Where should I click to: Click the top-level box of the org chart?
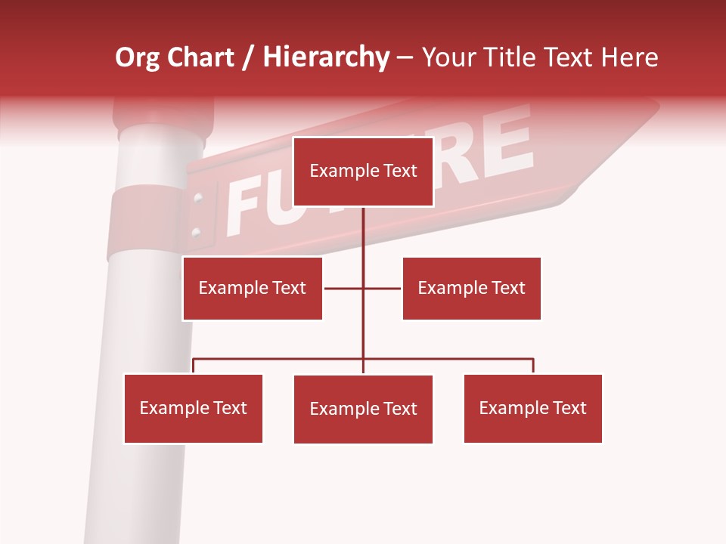pos(363,172)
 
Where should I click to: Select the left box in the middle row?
pos(252,288)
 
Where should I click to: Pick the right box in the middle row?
pos(471,288)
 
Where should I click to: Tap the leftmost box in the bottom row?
pos(193,409)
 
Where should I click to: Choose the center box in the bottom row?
pos(363,410)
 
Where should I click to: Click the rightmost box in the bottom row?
pos(532,409)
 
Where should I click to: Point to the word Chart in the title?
pos(200,57)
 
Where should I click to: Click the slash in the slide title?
pos(248,58)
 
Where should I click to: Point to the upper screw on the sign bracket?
pos(198,199)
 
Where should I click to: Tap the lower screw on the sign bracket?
pos(196,231)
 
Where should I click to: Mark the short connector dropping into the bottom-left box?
pos(193,366)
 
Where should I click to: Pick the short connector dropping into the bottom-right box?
pos(533,366)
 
